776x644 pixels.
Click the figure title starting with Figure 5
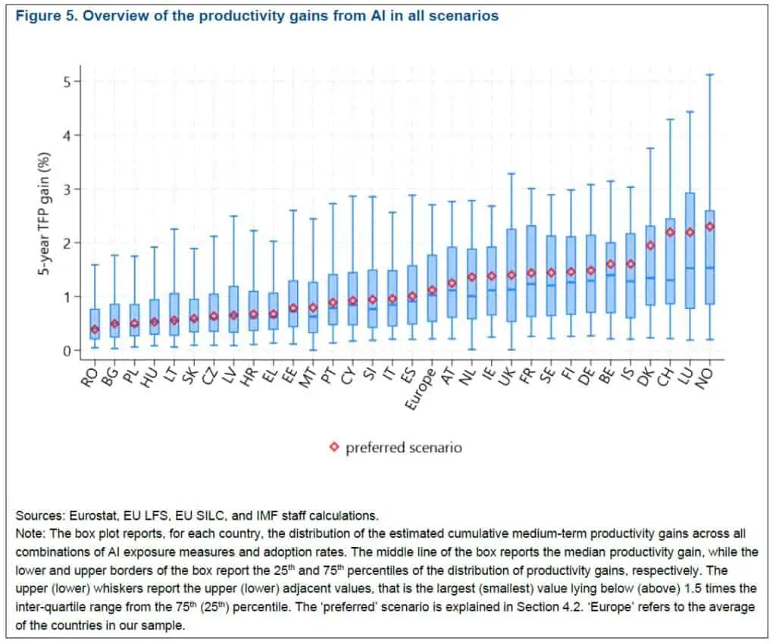click(x=256, y=15)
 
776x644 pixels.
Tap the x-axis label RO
click(x=90, y=373)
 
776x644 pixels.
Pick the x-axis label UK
click(x=508, y=373)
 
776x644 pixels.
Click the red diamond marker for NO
click(x=710, y=227)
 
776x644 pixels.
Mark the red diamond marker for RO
click(x=95, y=330)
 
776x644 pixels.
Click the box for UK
click(x=512, y=275)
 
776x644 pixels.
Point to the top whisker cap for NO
click(x=710, y=74)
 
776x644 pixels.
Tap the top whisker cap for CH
click(x=671, y=119)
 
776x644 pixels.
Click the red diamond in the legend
click(x=334, y=447)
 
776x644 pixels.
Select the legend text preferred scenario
click(x=403, y=447)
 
